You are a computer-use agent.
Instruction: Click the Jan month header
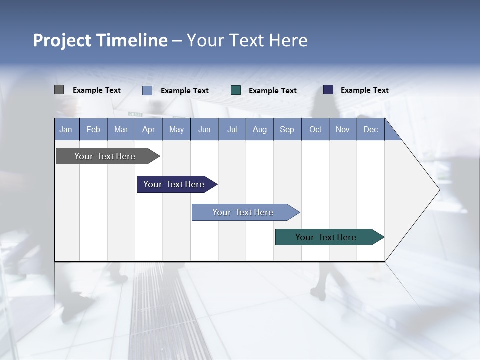coord(66,129)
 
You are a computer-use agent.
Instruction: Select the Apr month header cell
coord(149,129)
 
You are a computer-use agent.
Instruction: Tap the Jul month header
coord(232,129)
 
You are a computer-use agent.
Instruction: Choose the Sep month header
coord(287,129)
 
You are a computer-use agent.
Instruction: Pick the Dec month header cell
coord(370,129)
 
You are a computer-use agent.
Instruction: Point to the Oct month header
coord(315,129)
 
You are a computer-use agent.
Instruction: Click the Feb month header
coord(93,129)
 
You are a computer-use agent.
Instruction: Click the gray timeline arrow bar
coord(105,156)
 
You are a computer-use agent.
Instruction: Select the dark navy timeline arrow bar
coord(174,184)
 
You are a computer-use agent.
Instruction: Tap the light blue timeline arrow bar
coord(243,212)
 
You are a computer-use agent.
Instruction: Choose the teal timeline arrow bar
coord(326,237)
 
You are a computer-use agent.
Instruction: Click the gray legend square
coord(59,90)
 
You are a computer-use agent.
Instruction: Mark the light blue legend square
coord(147,90)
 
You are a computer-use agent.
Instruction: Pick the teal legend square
coord(236,90)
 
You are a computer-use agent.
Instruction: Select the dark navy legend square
coord(328,90)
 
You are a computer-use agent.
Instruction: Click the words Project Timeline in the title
coord(100,40)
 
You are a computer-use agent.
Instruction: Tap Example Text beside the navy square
coord(364,90)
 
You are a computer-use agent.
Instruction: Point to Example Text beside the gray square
coord(97,90)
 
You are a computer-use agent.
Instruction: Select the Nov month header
coord(343,129)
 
